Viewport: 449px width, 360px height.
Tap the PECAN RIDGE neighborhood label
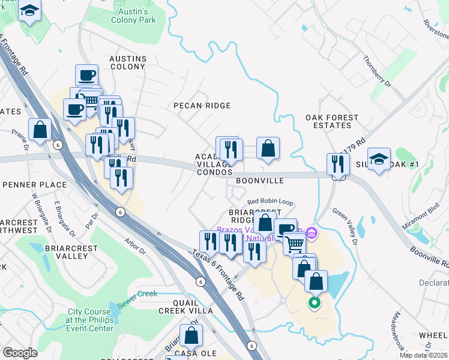(x=202, y=106)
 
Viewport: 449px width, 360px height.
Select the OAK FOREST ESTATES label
(x=332, y=122)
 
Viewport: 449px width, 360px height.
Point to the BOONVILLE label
(x=259, y=180)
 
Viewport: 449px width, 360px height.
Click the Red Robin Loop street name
(x=270, y=202)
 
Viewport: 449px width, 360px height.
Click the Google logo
(x=20, y=353)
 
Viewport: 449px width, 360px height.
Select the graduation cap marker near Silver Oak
(x=378, y=159)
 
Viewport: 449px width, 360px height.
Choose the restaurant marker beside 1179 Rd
(x=339, y=164)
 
